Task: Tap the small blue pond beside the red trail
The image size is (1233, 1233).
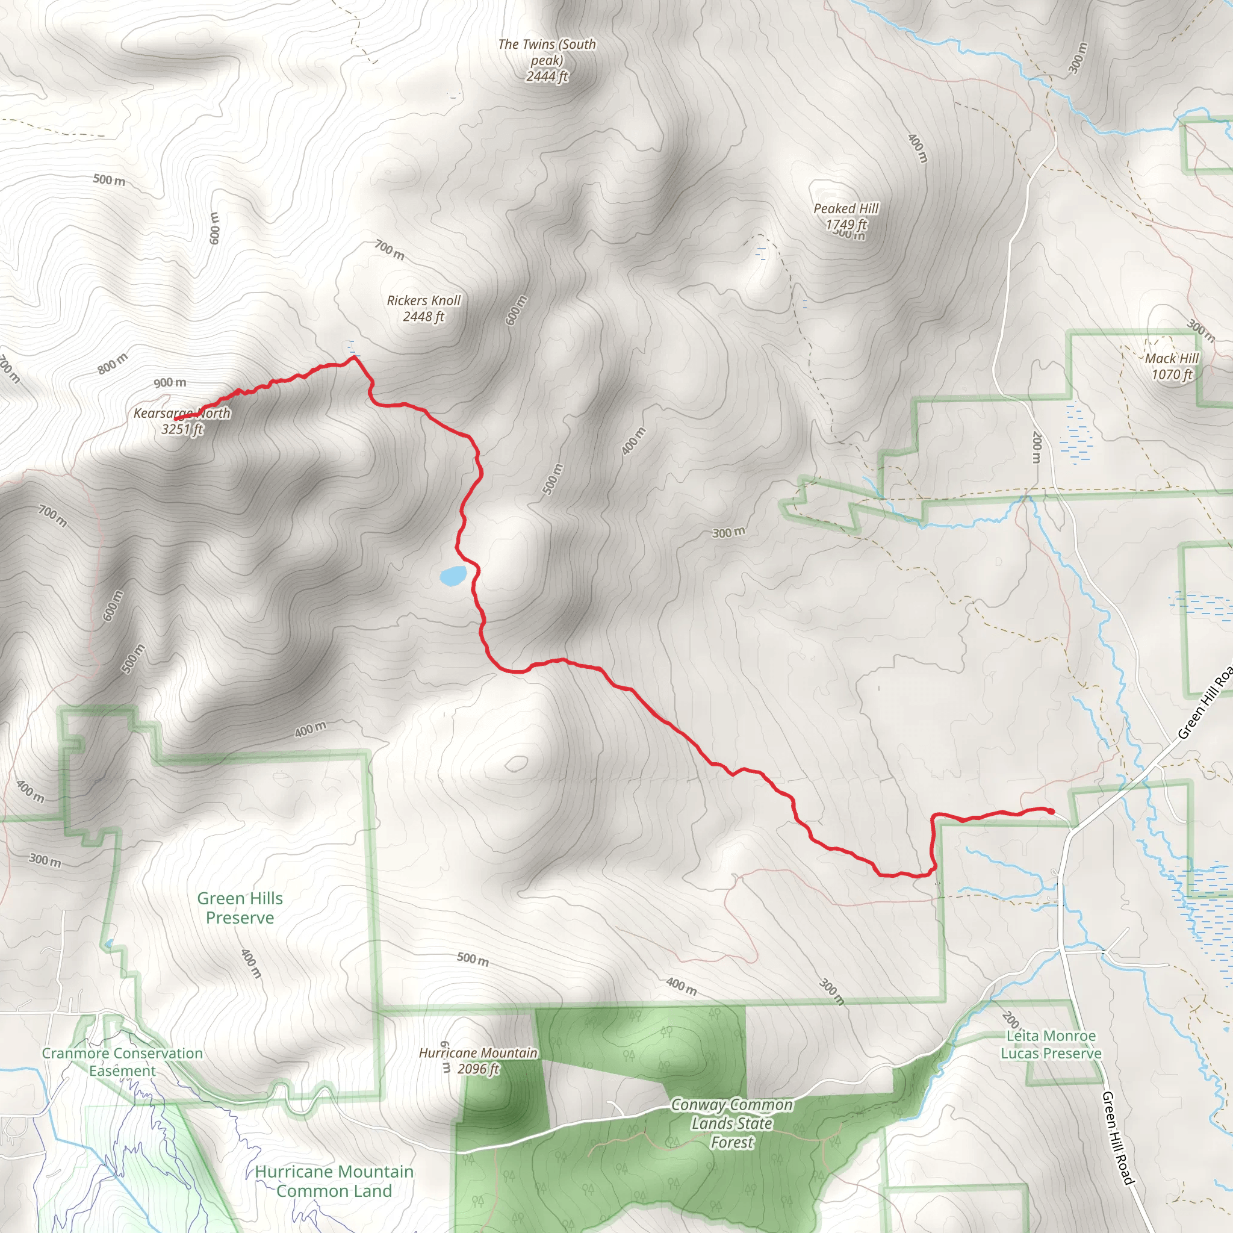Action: pos(453,576)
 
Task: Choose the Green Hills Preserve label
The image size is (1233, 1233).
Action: pos(240,907)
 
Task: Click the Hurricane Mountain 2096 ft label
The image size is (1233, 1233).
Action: pos(478,1061)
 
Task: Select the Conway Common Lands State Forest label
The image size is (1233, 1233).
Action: pos(732,1123)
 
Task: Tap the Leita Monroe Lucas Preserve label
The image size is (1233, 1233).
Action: pos(1051,1045)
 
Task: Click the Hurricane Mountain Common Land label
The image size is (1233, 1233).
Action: pos(334,1181)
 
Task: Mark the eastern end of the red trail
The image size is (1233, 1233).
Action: pos(1051,811)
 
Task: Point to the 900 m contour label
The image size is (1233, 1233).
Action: pos(170,383)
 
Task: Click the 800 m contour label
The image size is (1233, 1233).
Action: pos(113,364)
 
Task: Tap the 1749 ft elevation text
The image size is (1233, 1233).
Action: pos(846,225)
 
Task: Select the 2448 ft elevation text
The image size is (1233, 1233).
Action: pos(424,317)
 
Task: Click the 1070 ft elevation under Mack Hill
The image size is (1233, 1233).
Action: pos(1172,374)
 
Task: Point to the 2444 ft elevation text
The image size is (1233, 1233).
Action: pos(547,76)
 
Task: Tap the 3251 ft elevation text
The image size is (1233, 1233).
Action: pos(182,429)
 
